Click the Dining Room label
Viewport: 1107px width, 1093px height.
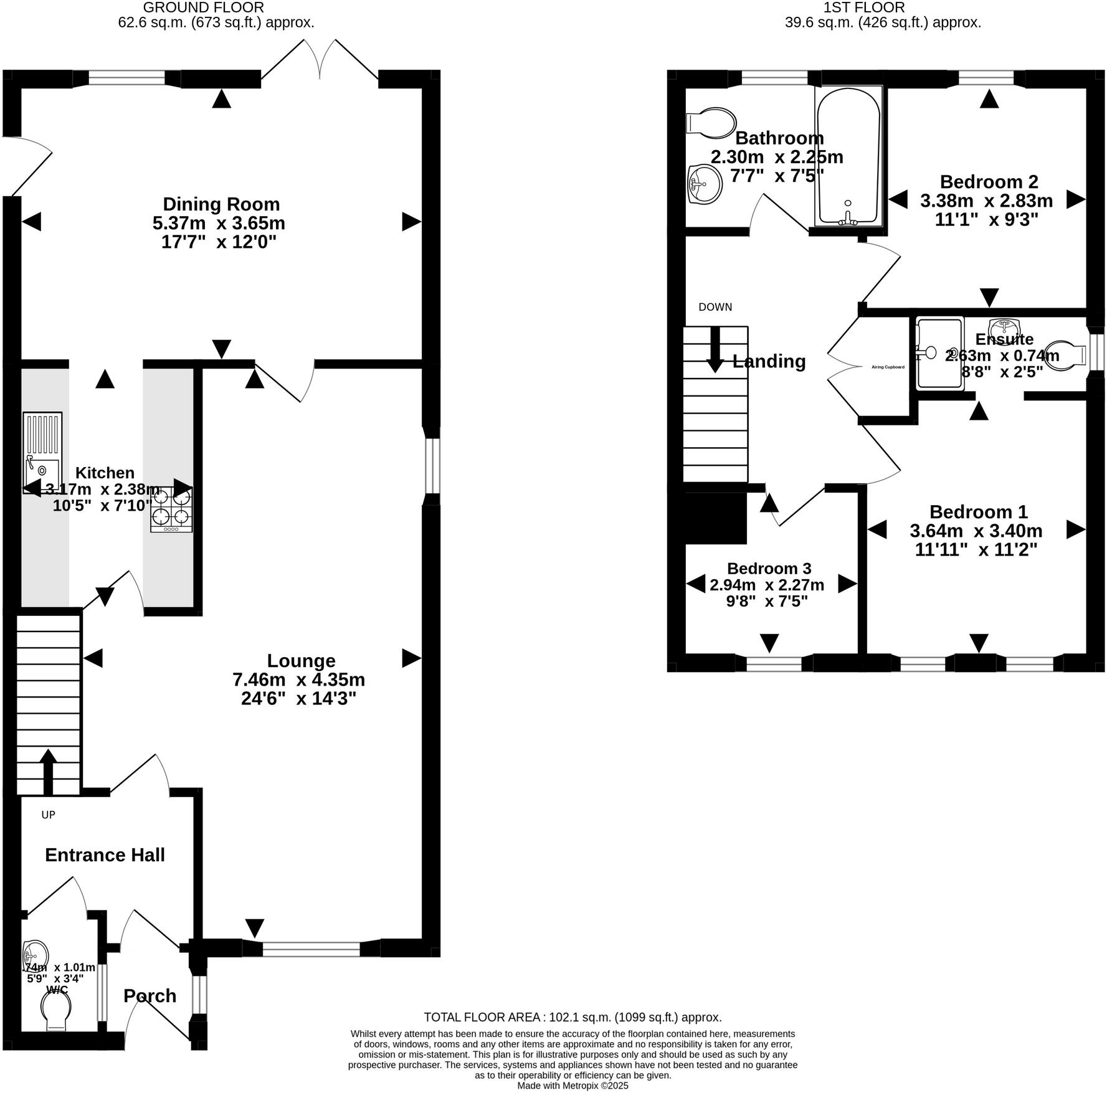pos(221,204)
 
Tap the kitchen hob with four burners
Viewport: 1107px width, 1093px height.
pos(171,509)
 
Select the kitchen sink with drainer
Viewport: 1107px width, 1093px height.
pos(42,452)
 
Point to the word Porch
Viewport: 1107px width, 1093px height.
pos(150,996)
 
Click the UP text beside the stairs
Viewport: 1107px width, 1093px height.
pos(48,815)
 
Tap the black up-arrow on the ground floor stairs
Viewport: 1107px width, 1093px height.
pos(48,772)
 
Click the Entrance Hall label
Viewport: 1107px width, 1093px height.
pos(105,855)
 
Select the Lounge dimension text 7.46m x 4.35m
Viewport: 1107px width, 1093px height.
pos(298,679)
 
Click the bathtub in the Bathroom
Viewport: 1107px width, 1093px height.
pos(848,156)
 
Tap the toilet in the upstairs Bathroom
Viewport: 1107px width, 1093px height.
pos(711,123)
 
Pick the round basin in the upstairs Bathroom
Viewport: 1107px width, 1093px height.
pos(705,184)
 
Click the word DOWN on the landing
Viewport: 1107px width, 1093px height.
pos(715,307)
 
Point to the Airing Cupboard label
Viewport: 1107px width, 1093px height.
pos(888,367)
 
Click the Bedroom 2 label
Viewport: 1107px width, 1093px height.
pos(989,182)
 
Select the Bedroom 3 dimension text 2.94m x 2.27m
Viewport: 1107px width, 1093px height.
pos(767,585)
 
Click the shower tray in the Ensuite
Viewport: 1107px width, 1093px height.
pos(939,353)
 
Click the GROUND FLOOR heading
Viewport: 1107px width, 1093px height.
pos(204,8)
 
